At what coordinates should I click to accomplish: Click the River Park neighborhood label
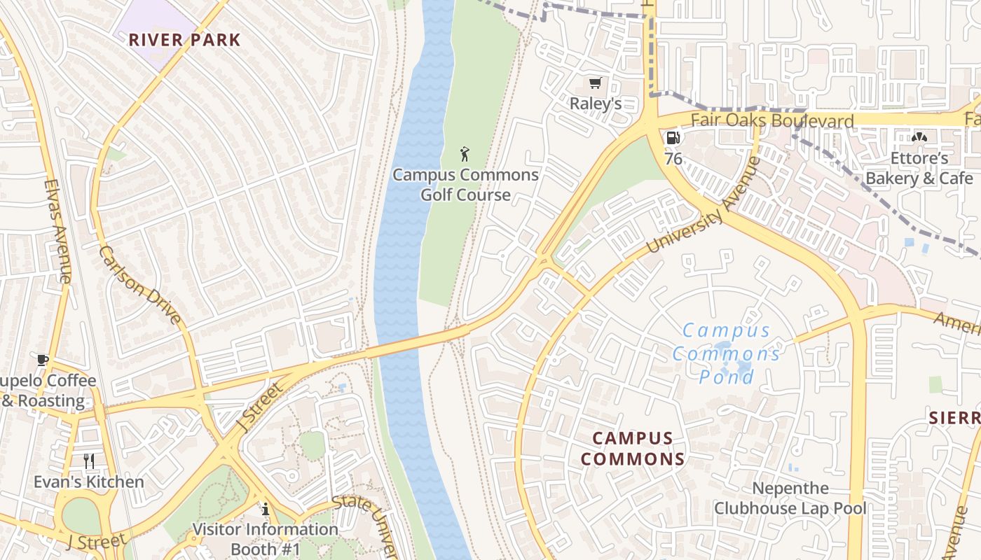(x=184, y=40)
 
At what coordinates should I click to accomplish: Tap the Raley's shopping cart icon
(x=595, y=84)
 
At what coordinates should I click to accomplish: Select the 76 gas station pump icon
(x=672, y=138)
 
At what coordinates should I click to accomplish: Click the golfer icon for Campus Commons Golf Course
(x=465, y=154)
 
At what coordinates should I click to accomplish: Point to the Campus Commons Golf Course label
(x=465, y=185)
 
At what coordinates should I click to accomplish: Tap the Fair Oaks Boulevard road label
(x=772, y=120)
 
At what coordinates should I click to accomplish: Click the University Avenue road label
(x=703, y=206)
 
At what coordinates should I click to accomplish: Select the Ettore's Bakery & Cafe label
(x=919, y=168)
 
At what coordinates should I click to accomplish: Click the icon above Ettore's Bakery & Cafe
(x=919, y=137)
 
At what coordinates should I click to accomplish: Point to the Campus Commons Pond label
(x=727, y=353)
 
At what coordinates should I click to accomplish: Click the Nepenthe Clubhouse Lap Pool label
(x=790, y=498)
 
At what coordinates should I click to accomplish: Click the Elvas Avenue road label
(x=57, y=231)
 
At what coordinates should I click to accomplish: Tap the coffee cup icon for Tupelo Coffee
(x=43, y=360)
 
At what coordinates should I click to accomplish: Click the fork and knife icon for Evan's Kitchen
(x=89, y=461)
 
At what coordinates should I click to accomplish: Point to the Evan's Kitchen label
(x=89, y=482)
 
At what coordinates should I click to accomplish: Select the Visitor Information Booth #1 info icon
(x=266, y=509)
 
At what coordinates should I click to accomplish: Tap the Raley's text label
(x=595, y=104)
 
